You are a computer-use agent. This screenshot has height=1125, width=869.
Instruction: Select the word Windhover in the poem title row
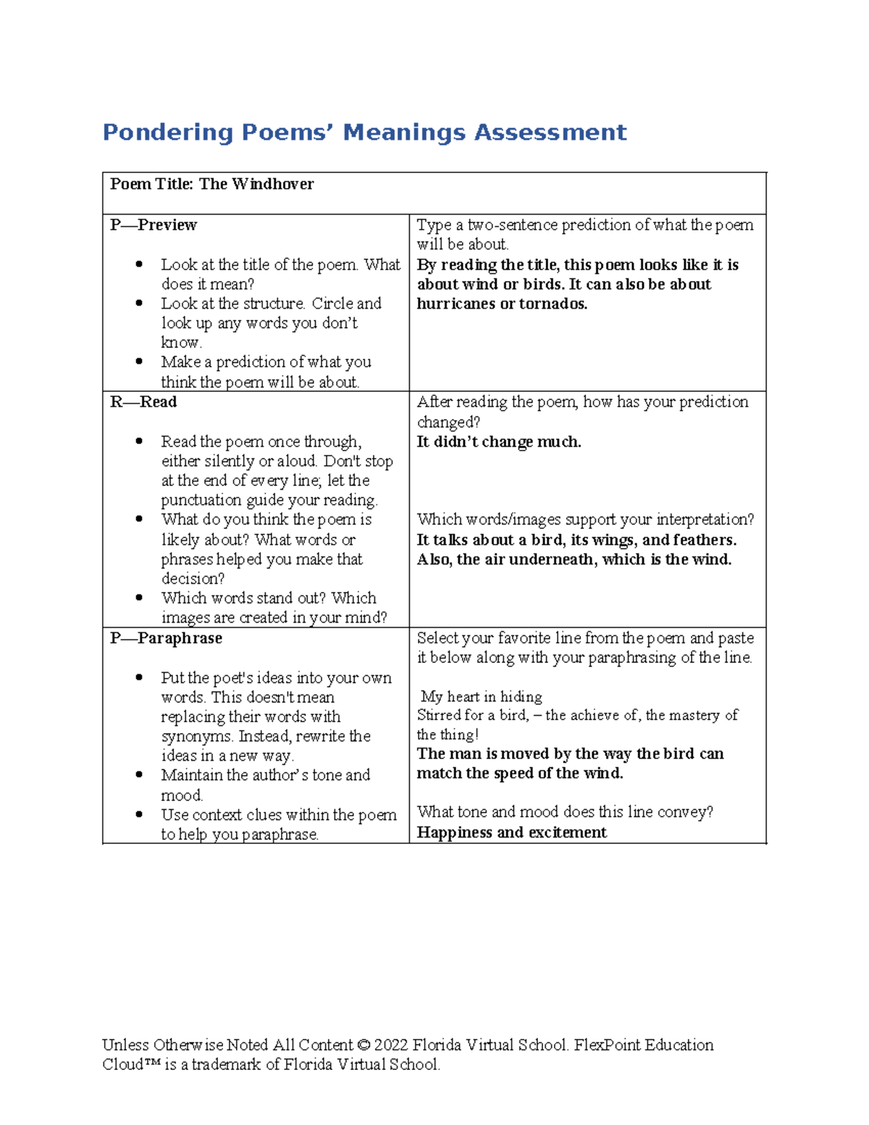273,184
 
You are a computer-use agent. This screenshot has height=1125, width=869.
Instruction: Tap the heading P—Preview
154,225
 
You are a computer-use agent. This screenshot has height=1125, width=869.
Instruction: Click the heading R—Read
143,402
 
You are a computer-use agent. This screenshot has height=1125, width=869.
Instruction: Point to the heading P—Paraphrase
166,638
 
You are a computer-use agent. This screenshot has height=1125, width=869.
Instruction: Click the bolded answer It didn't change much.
499,442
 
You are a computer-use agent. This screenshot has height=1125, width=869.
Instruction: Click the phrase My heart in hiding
482,697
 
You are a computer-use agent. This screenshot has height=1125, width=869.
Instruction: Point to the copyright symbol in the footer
364,1045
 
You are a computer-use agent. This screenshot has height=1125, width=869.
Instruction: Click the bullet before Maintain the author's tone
139,775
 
